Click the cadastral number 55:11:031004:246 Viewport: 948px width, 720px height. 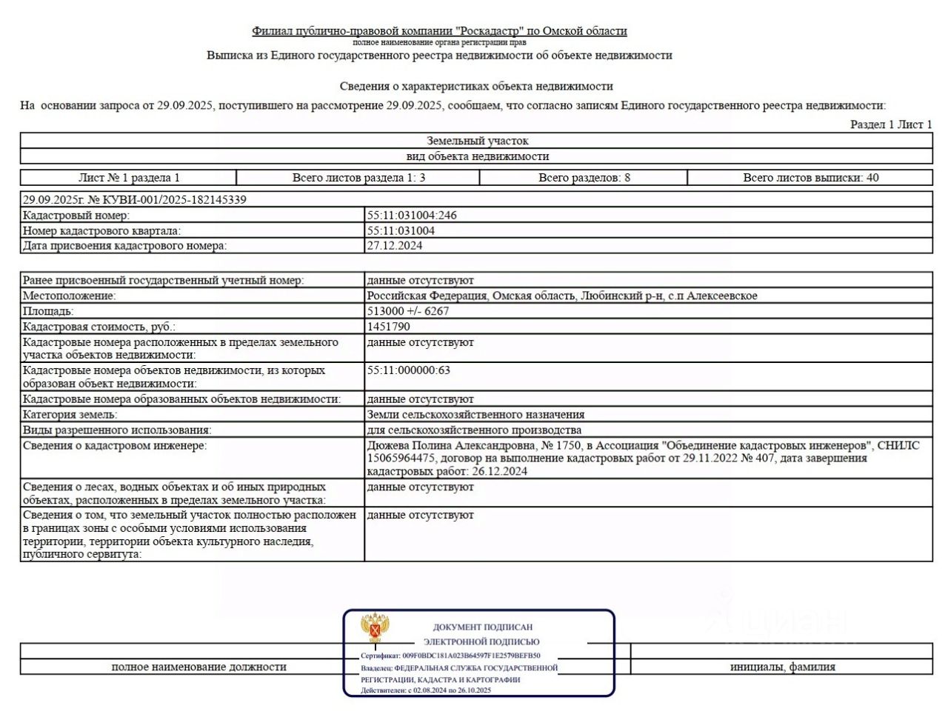pos(412,216)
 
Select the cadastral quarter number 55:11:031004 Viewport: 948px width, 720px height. pos(401,231)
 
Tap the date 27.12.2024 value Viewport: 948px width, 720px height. pos(395,246)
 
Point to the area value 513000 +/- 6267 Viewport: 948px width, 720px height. pos(408,311)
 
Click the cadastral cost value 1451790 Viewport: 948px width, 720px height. pos(389,327)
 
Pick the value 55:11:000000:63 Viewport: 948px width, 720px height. pos(409,370)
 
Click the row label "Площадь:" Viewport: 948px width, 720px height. pos(48,311)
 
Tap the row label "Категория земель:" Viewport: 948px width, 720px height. pos(70,415)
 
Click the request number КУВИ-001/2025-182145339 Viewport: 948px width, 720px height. pos(167,200)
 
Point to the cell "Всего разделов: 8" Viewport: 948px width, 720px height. pos(584,178)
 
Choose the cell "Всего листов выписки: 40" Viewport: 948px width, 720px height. pos(810,178)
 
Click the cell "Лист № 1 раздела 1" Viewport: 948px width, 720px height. pos(129,178)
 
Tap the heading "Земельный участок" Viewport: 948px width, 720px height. pos(477,141)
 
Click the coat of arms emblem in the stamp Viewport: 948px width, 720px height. pos(375,628)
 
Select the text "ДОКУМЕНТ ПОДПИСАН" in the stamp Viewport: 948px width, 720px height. pos(482,627)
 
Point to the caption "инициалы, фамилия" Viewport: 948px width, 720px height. pos(782,667)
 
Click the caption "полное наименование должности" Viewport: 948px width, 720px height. pos(198,667)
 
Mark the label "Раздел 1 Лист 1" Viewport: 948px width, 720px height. pos(890,124)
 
